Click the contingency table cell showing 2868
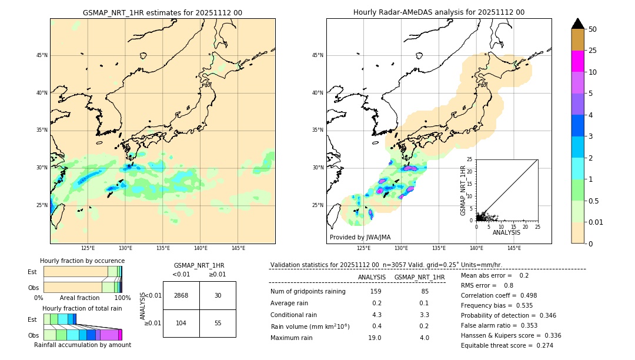pyautogui.click(x=181, y=295)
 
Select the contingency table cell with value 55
pyautogui.click(x=218, y=324)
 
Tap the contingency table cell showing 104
pyautogui.click(x=181, y=324)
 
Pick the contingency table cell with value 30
pyautogui.click(x=218, y=295)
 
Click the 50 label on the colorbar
pyautogui.click(x=593, y=29)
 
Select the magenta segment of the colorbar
pyautogui.click(x=577, y=61)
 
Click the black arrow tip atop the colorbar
pyautogui.click(x=577, y=23)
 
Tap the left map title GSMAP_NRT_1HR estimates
pyautogui.click(x=162, y=12)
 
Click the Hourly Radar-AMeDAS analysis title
pyautogui.click(x=439, y=12)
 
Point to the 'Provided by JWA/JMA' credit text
pyautogui.click(x=360, y=238)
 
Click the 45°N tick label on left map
pyautogui.click(x=42, y=55)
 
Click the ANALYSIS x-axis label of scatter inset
pyautogui.click(x=506, y=232)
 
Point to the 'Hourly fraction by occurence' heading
pyautogui.click(x=82, y=261)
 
